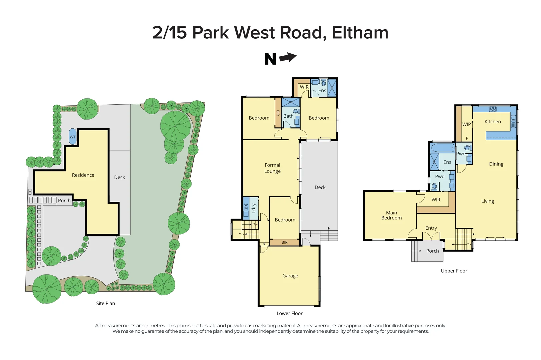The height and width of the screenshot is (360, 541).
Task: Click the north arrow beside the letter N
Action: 288,58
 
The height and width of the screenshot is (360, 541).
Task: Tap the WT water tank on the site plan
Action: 72,137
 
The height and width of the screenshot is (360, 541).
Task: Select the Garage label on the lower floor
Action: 290,276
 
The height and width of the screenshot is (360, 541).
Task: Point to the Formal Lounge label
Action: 272,168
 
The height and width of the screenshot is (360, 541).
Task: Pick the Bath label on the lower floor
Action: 288,116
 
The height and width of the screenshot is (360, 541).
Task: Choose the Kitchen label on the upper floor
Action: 493,122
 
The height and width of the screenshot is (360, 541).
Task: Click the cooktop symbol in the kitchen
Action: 493,109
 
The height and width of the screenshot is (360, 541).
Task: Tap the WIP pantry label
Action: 466,124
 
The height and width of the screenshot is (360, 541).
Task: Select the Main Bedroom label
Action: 391,215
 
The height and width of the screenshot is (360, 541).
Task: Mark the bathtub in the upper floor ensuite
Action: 442,148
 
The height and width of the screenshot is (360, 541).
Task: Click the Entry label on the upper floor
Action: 431,228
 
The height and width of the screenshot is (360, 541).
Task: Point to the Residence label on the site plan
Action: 83,175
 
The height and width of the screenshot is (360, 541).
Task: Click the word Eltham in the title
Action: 360,33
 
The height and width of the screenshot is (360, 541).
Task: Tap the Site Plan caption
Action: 105,303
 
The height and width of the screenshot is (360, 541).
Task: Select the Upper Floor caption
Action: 454,271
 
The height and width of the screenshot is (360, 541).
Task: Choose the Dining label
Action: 496,164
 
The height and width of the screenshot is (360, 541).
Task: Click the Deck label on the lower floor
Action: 320,187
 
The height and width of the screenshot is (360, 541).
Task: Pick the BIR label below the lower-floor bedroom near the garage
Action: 284,242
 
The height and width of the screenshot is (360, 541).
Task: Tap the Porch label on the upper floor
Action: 432,251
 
